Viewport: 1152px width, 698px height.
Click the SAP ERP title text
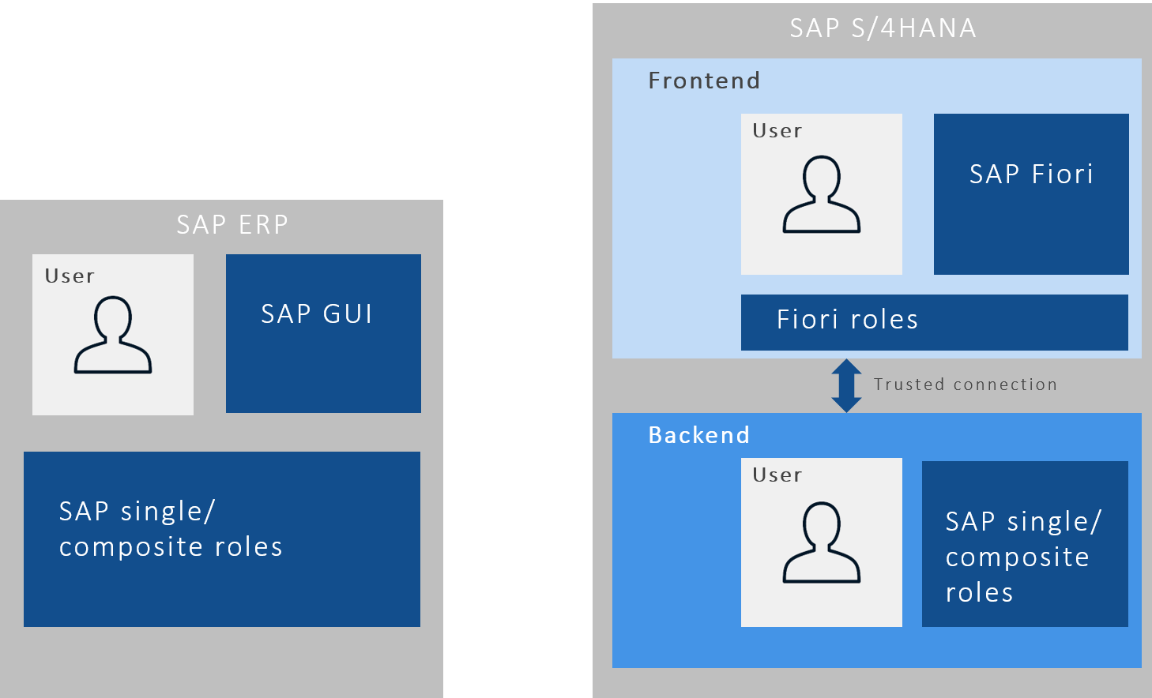(x=232, y=225)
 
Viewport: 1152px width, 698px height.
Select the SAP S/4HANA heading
(x=883, y=28)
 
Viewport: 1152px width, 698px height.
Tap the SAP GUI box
(x=323, y=333)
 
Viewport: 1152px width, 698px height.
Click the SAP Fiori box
(x=1031, y=194)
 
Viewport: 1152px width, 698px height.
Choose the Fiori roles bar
(x=934, y=322)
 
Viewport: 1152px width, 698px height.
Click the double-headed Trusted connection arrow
(x=846, y=385)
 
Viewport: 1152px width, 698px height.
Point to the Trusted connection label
(x=965, y=385)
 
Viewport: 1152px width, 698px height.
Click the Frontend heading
(x=704, y=81)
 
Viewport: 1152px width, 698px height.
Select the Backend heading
(x=698, y=435)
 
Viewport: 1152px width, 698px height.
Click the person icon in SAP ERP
(x=113, y=335)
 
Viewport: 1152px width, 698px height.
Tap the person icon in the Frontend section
(x=822, y=194)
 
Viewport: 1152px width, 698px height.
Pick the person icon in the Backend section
(x=822, y=542)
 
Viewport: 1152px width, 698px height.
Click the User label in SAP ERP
(x=70, y=276)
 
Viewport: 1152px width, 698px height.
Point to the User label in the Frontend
(x=777, y=131)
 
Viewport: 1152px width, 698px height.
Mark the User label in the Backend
(x=777, y=475)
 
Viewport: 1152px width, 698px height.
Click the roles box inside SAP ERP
(x=222, y=539)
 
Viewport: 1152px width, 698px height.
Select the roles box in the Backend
(x=1025, y=544)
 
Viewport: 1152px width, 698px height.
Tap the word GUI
(x=348, y=314)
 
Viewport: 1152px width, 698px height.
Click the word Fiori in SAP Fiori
(x=1063, y=174)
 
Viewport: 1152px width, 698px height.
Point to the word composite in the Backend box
(x=1018, y=557)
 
